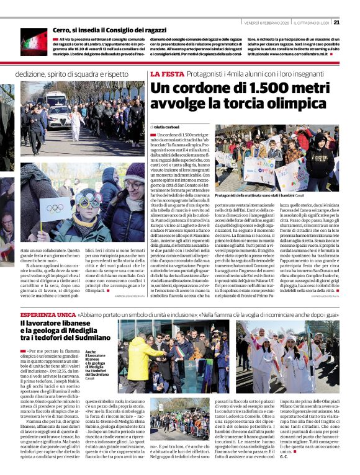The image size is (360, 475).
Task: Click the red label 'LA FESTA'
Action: pyautogui.click(x=166, y=74)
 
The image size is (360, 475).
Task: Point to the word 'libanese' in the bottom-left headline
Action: pyautogui.click(x=76, y=323)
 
